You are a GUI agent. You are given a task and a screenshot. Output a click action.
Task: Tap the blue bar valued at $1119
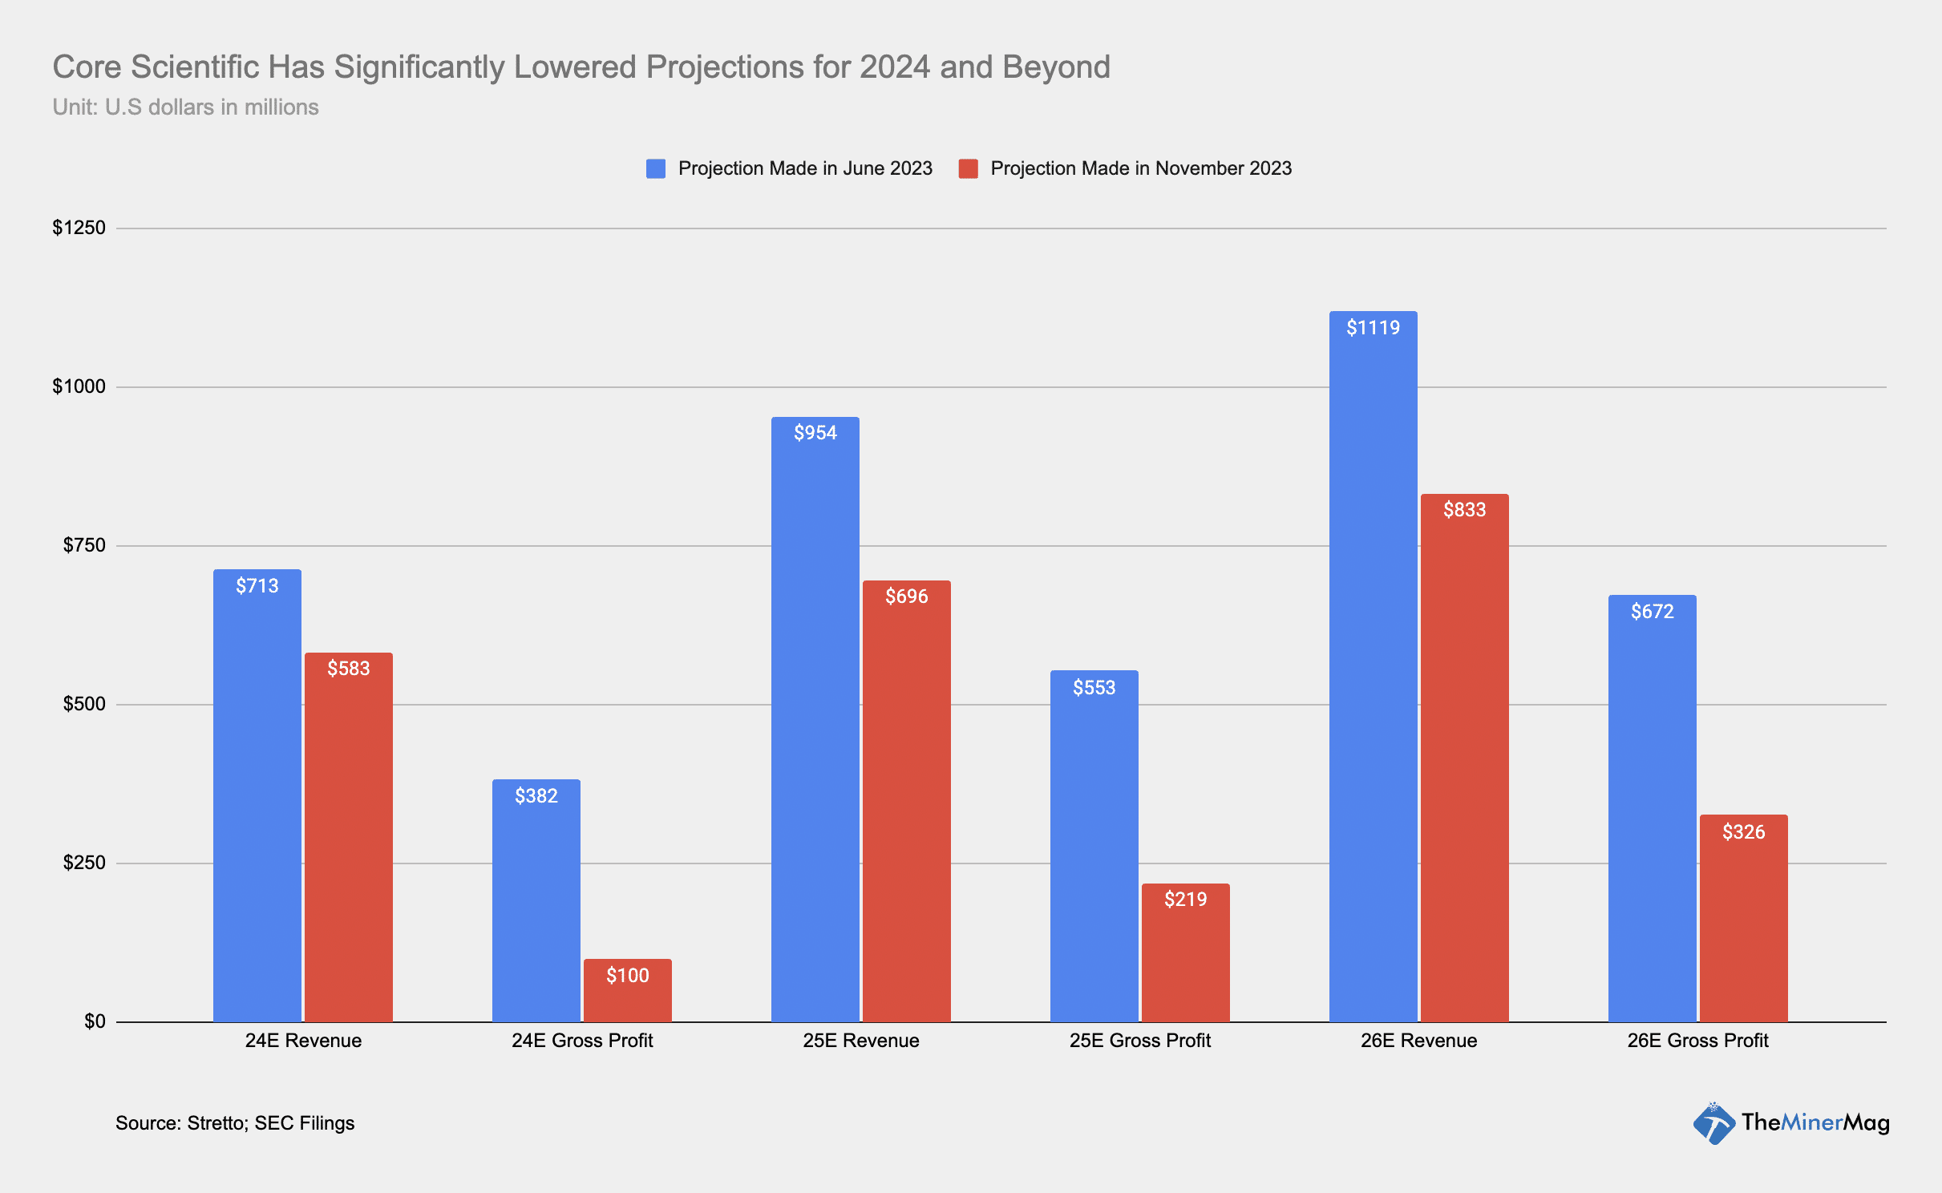tap(1373, 666)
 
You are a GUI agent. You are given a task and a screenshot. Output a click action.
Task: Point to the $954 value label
tap(815, 433)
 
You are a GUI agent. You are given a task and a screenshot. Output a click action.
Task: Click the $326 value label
tap(1743, 831)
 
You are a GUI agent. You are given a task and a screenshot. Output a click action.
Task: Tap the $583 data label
tap(349, 669)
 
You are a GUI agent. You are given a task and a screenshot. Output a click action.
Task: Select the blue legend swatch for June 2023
tap(656, 168)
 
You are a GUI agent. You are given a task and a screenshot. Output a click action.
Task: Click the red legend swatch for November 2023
tap(968, 168)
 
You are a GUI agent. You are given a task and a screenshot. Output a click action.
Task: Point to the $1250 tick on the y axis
tap(79, 228)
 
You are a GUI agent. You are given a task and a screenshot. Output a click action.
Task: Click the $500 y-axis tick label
tap(84, 704)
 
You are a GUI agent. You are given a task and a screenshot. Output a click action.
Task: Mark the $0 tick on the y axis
tap(95, 1021)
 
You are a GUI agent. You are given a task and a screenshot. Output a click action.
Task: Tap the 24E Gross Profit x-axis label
tap(582, 1041)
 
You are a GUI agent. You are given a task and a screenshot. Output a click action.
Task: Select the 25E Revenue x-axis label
tap(861, 1041)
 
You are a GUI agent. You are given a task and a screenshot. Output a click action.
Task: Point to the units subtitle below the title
tap(185, 107)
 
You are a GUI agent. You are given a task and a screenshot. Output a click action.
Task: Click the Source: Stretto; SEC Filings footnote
tap(235, 1123)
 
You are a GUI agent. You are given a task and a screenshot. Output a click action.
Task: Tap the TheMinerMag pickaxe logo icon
tap(1713, 1123)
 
